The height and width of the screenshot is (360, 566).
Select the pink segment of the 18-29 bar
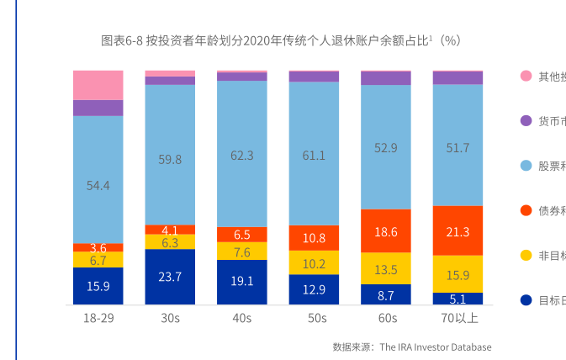tap(98, 85)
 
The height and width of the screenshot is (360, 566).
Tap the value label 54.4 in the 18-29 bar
tap(98, 185)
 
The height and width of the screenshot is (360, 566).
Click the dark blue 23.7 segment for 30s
tap(170, 276)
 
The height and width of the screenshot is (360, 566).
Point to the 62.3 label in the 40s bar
tap(242, 155)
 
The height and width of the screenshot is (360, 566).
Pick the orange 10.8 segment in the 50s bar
tap(314, 237)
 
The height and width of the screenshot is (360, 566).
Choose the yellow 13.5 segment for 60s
tap(386, 269)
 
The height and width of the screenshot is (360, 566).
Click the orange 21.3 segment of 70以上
tap(458, 231)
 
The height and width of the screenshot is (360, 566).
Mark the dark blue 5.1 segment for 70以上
tap(458, 298)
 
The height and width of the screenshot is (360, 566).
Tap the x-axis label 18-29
tap(98, 319)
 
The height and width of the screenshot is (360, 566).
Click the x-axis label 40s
tap(242, 319)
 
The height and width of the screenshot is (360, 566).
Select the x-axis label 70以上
tap(458, 319)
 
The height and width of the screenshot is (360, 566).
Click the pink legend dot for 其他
tap(526, 77)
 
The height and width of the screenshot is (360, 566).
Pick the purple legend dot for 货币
tap(526, 121)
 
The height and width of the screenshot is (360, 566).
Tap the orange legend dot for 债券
tap(526, 210)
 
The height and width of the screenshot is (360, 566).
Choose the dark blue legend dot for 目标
tap(526, 299)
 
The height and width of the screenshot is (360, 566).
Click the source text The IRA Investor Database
tap(435, 347)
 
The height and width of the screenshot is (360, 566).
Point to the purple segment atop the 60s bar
tap(386, 78)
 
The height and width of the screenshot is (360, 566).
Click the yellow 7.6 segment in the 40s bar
tap(242, 251)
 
